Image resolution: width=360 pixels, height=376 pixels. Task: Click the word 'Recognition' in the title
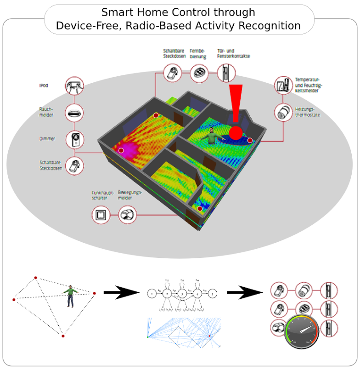[x=273, y=25]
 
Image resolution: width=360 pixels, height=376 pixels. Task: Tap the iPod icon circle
[x=74, y=85]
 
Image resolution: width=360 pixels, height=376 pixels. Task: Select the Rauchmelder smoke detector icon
[x=74, y=112]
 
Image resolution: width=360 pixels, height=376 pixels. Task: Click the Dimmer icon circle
[x=74, y=139]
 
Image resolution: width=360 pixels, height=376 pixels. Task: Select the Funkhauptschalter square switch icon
[x=101, y=214]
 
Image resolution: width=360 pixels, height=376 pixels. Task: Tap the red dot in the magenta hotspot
[x=121, y=150]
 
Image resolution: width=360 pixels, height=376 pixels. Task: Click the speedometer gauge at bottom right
[x=302, y=331]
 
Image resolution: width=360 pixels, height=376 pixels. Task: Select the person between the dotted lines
[x=70, y=296]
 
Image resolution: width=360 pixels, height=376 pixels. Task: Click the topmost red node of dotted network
[x=35, y=278]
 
